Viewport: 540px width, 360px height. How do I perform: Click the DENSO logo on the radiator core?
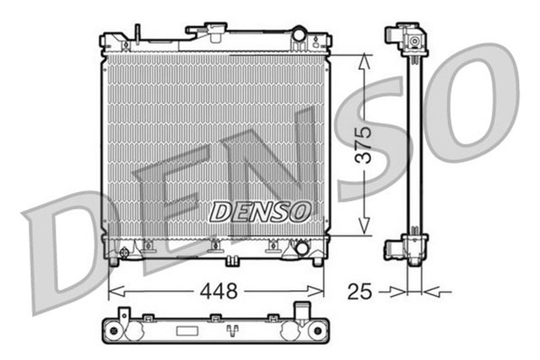point(260,211)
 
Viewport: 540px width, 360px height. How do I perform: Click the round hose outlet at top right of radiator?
point(299,35)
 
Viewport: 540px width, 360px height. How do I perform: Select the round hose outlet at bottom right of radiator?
point(299,249)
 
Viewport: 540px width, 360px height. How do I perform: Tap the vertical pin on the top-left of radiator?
point(137,33)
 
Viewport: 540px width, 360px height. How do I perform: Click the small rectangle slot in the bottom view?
point(216,319)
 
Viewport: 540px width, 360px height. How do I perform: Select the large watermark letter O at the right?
point(485,101)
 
